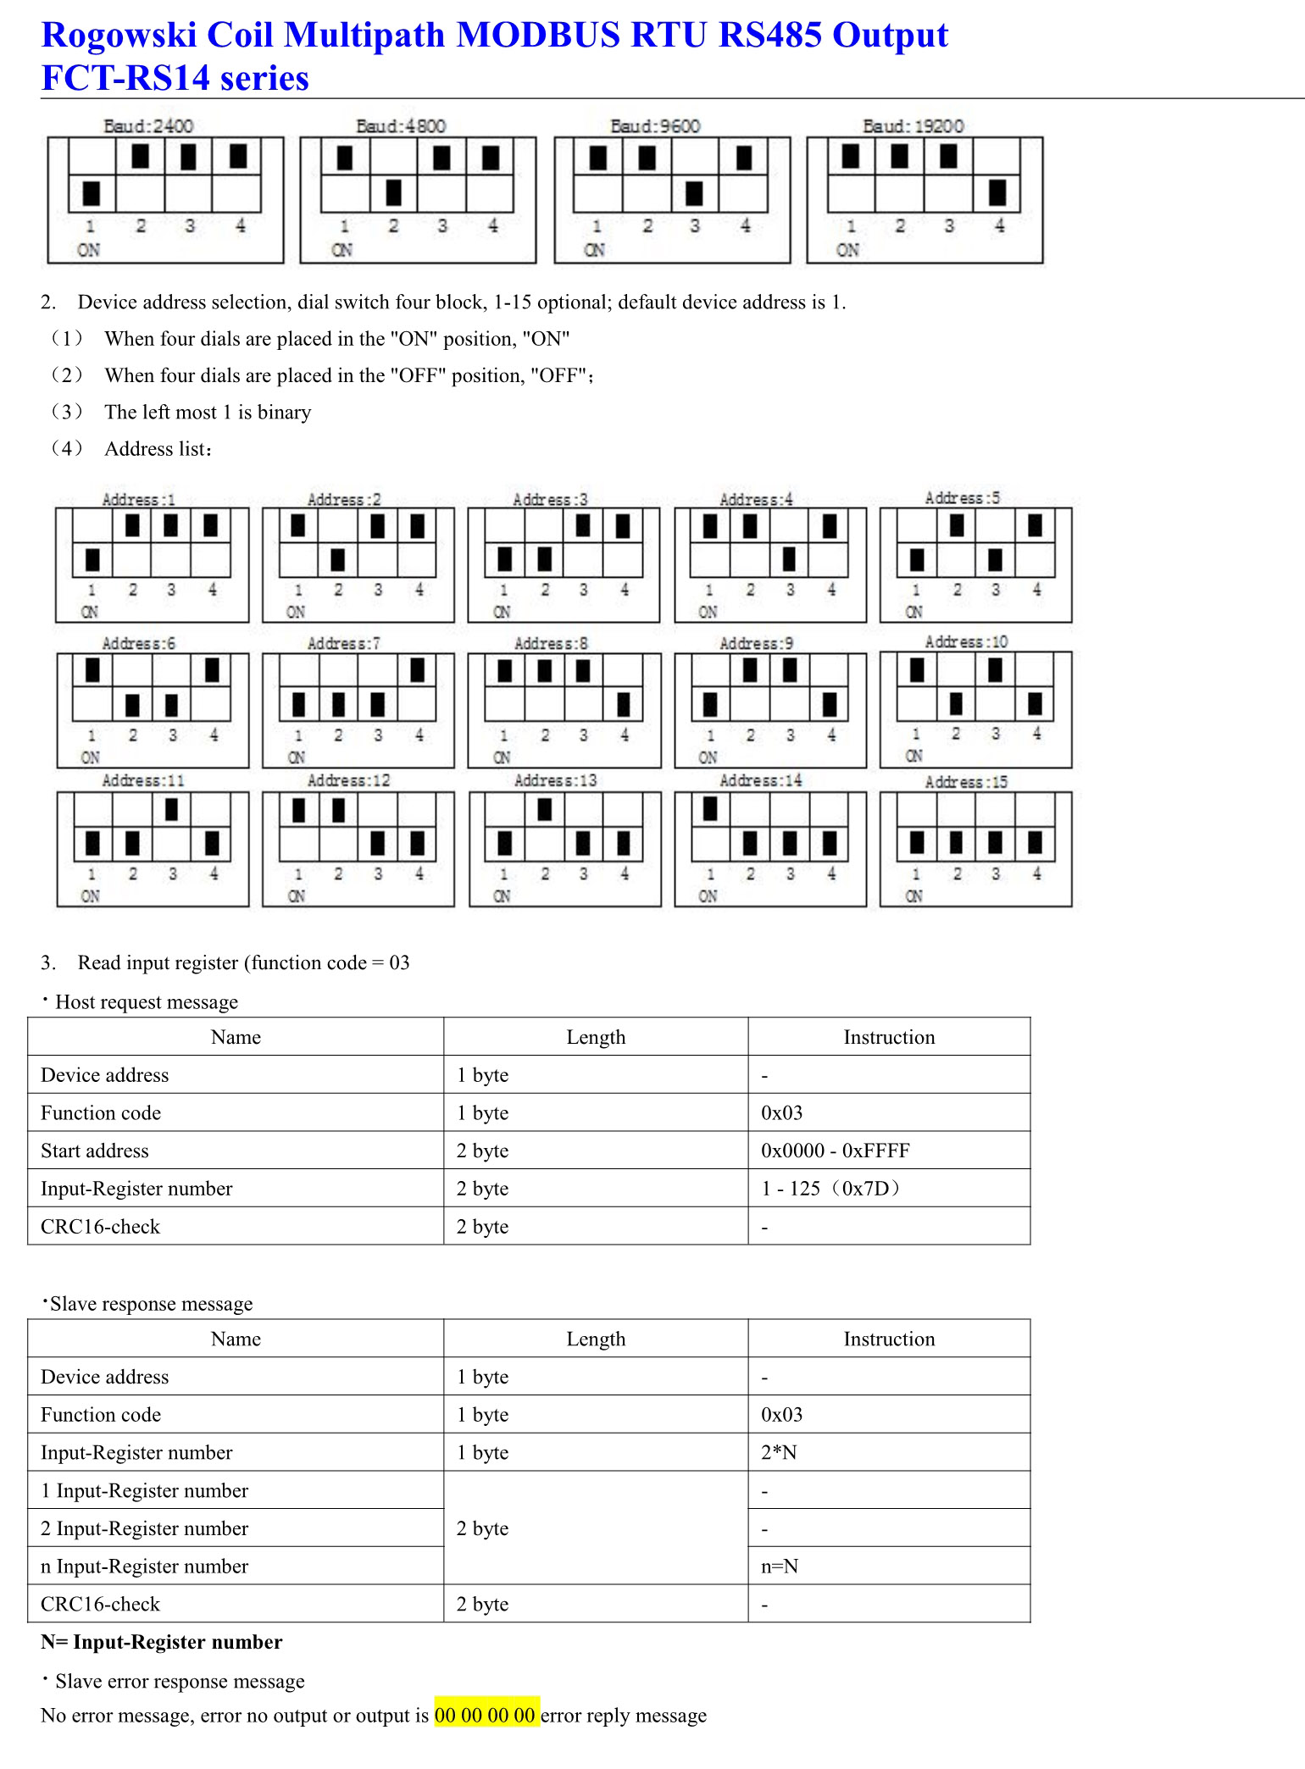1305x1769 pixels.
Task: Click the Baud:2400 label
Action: pos(148,126)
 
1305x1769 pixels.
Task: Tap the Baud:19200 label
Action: pos(913,126)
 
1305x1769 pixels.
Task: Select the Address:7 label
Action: pos(344,644)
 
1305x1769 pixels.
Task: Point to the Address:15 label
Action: pos(966,782)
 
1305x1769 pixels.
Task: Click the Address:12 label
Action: pos(348,780)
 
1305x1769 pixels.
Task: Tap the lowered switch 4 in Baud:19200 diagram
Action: pos(997,193)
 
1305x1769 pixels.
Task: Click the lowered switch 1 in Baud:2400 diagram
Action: pos(92,193)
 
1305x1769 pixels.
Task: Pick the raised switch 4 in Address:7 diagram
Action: pos(418,670)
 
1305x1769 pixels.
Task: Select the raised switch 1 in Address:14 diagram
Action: pos(710,809)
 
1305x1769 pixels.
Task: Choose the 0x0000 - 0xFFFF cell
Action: pos(835,1151)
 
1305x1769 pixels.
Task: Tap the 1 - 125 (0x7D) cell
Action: pos(830,1189)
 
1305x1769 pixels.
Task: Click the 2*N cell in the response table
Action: pos(779,1452)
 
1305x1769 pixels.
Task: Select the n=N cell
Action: pos(780,1566)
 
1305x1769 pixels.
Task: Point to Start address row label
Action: pos(95,1151)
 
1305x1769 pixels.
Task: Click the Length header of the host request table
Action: pos(596,1037)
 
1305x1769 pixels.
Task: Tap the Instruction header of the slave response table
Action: pos(889,1339)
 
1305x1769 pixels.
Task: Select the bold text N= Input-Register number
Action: pos(161,1642)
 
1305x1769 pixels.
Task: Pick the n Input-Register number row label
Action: pos(144,1566)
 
